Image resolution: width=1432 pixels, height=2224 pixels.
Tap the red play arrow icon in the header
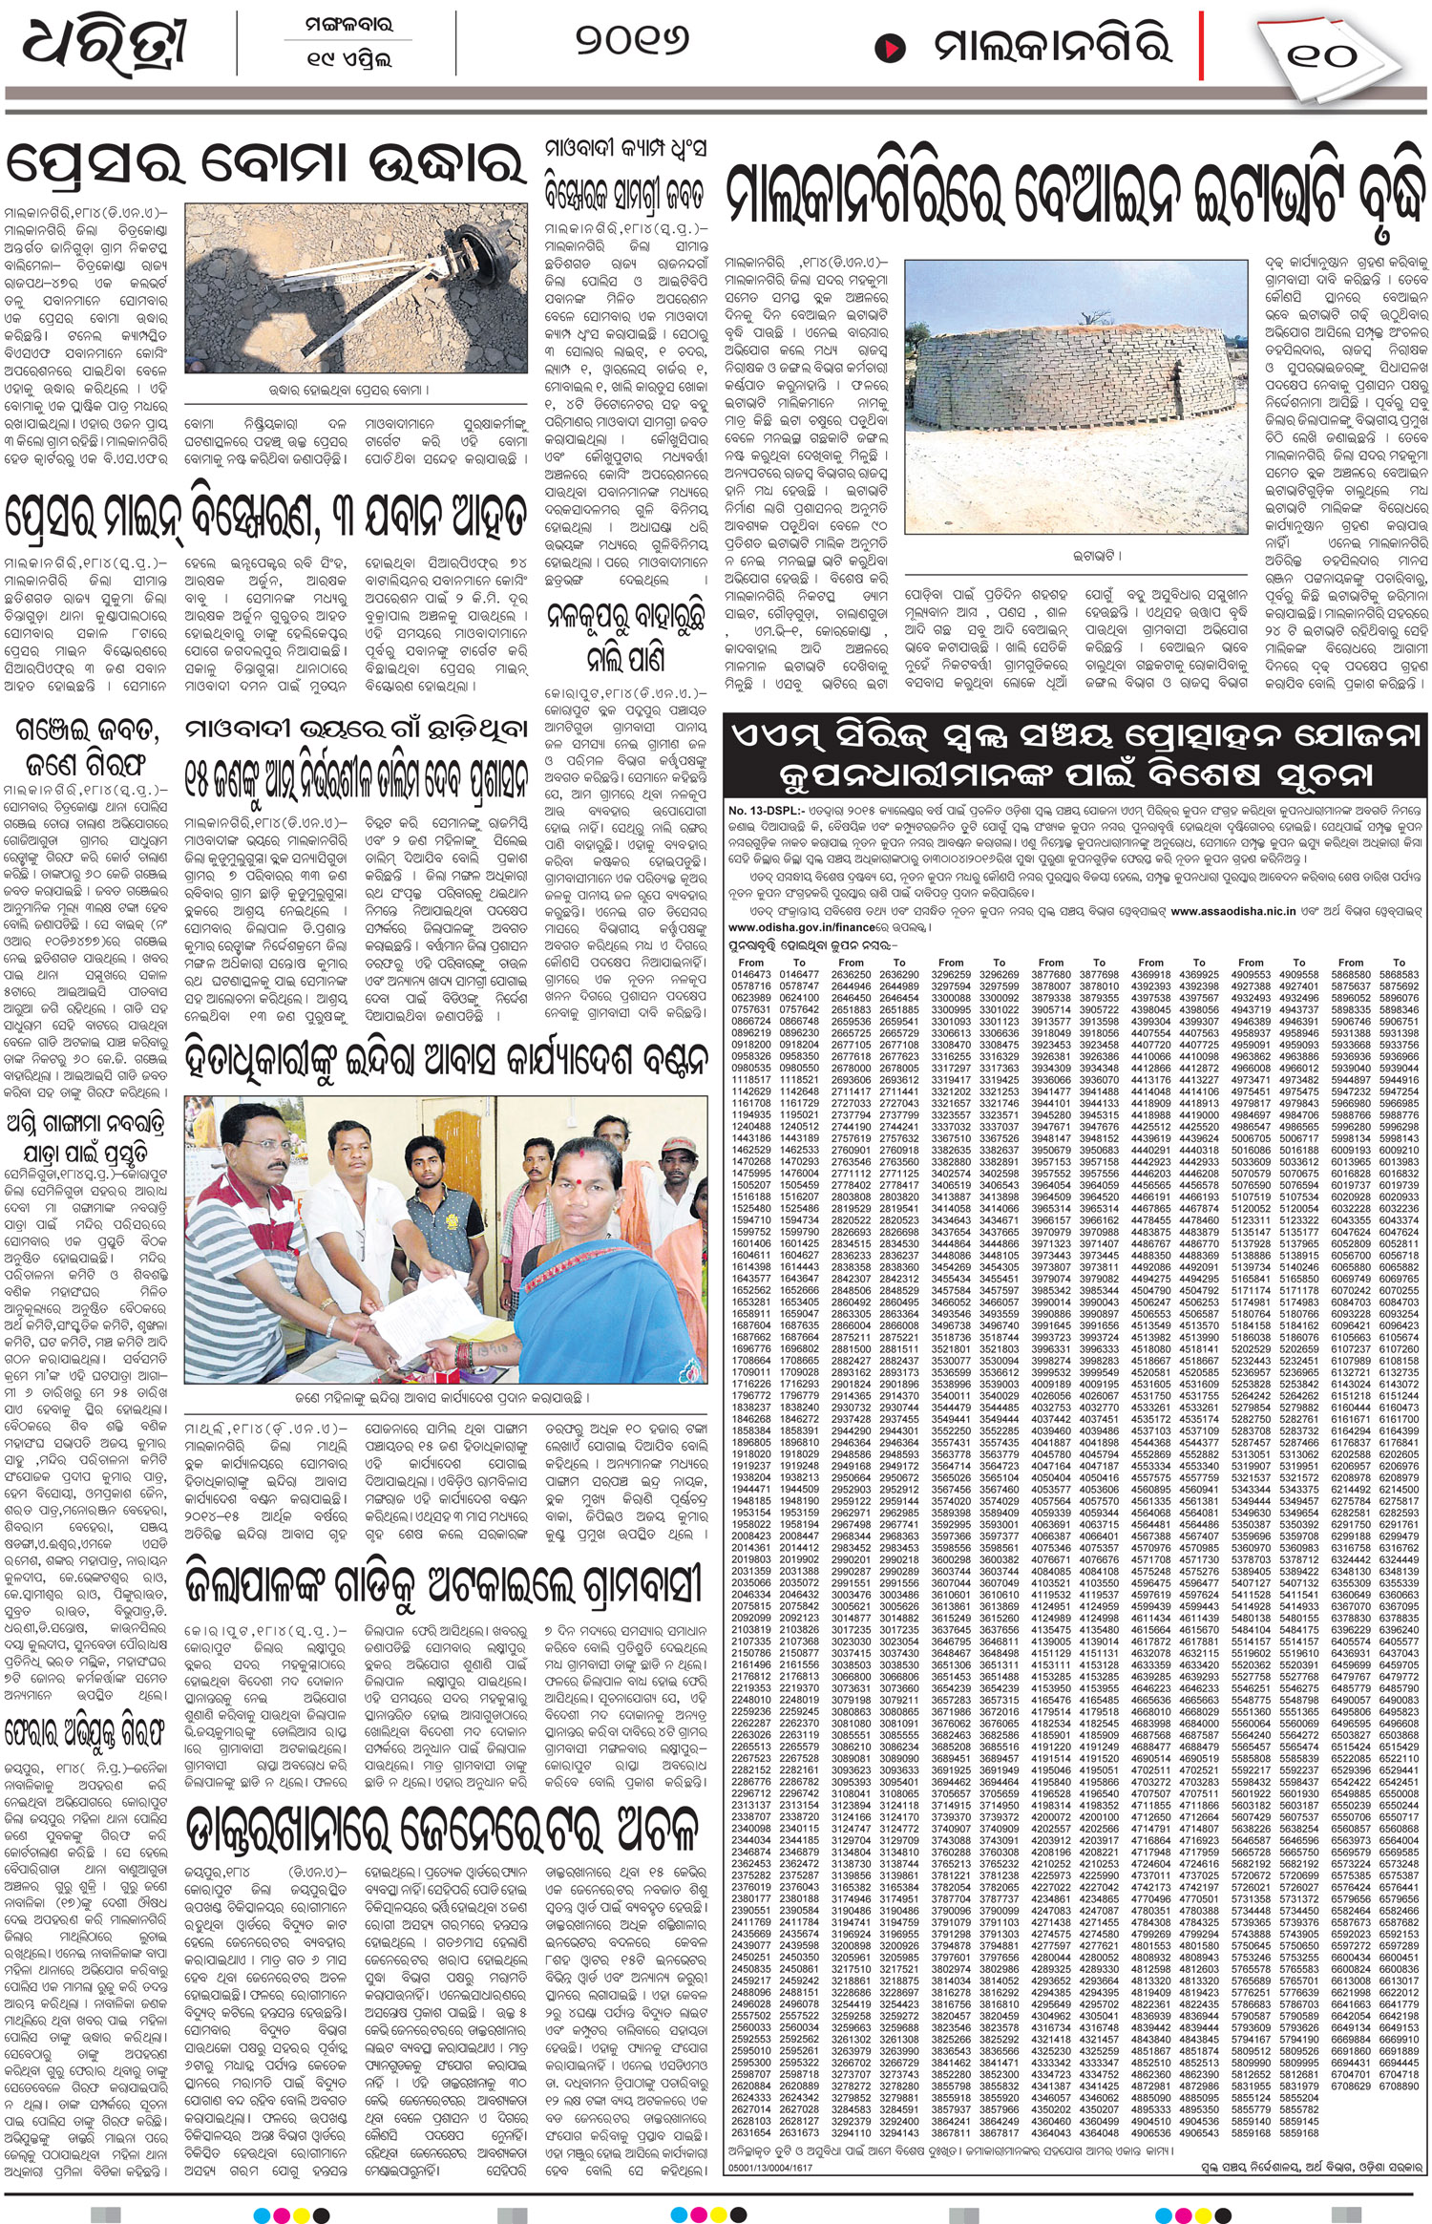tap(889, 46)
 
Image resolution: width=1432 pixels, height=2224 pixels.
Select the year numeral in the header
tap(632, 41)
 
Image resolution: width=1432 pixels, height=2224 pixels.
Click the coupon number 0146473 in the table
tap(751, 975)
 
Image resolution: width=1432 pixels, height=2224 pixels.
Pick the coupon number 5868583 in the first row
tap(1350, 975)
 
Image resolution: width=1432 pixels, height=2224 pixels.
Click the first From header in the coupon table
tap(751, 963)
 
